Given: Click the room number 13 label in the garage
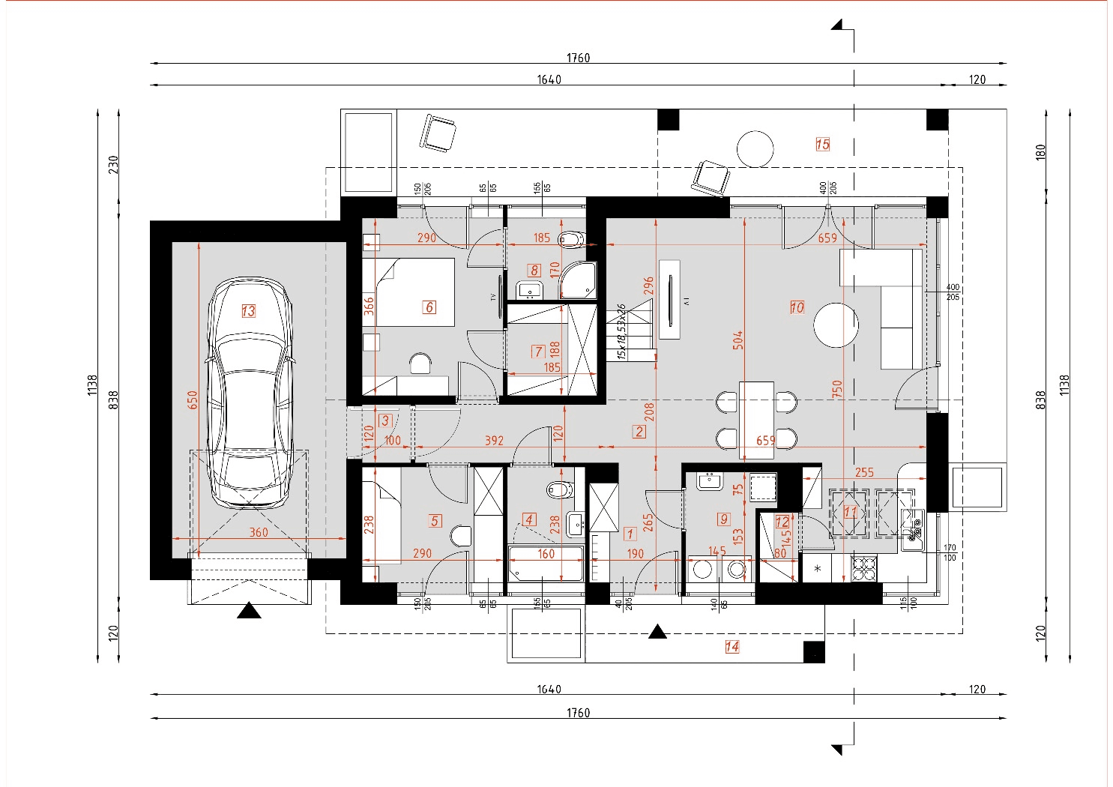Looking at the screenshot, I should (248, 310).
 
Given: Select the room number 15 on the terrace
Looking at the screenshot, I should (822, 144).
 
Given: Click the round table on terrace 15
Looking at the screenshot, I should (755, 148).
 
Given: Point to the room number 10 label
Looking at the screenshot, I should (797, 307).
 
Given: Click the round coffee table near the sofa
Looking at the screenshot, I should (836, 325).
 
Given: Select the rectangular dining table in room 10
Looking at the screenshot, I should (756, 420).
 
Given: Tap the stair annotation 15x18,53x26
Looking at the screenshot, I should (621, 332).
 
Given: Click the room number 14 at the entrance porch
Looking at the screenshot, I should (732, 647).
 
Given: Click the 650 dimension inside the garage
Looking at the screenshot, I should (193, 399).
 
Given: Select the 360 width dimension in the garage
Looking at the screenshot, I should (259, 532).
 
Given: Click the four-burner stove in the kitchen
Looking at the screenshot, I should (863, 567).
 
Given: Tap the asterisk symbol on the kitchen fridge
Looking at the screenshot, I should (817, 569).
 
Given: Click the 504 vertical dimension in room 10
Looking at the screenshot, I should (738, 340).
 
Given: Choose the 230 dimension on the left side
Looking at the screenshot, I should (113, 164).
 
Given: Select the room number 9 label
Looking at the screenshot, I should (723, 519).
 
